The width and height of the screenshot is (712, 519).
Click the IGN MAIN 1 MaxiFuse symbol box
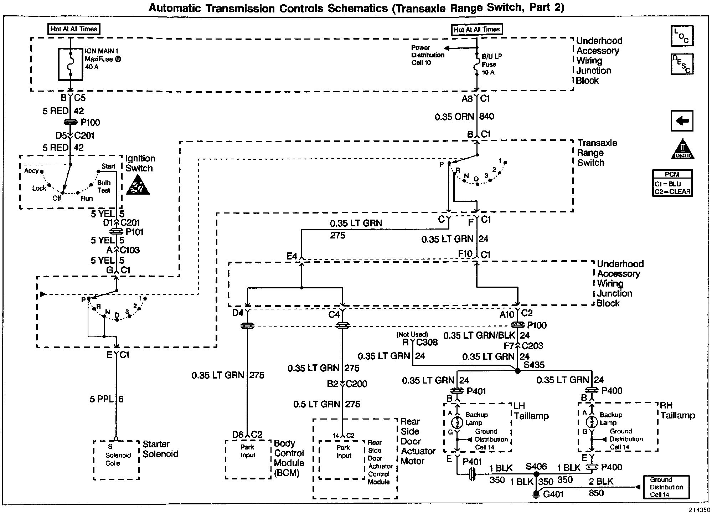71,64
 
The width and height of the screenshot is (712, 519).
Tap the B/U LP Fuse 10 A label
492,64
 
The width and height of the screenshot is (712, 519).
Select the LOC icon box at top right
682,36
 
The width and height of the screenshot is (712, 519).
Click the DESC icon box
682,64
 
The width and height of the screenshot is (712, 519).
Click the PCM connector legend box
672,183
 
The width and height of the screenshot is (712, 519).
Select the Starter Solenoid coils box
116,460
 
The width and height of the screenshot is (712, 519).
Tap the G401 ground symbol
536,494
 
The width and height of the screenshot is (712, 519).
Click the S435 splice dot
518,371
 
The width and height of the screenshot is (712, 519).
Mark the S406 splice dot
536,474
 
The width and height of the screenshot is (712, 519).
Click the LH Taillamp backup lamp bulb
457,423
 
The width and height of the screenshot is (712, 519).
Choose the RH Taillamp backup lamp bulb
592,422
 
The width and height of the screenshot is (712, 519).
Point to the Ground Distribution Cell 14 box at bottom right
666,487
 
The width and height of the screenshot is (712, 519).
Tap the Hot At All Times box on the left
74,29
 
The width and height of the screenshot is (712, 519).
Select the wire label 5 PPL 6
107,399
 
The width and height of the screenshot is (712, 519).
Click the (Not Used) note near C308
412,334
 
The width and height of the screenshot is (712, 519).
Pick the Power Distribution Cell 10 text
427,55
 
